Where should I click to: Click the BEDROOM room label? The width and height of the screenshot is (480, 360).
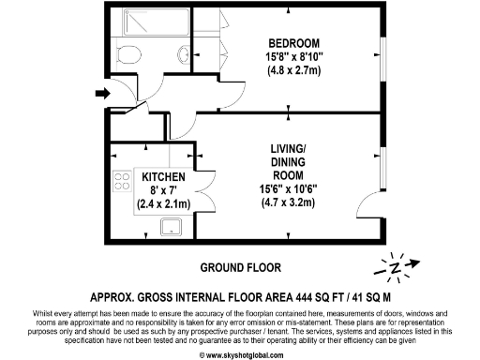click(x=295, y=43)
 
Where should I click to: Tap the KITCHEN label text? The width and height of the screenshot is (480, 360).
click(x=163, y=176)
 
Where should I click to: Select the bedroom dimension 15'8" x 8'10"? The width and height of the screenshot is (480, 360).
click(x=295, y=56)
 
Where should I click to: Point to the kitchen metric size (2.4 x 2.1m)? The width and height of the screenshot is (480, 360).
click(x=163, y=202)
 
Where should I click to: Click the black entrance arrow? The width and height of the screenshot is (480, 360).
click(x=101, y=93)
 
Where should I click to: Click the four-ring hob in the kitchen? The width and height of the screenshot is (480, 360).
click(x=121, y=182)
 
